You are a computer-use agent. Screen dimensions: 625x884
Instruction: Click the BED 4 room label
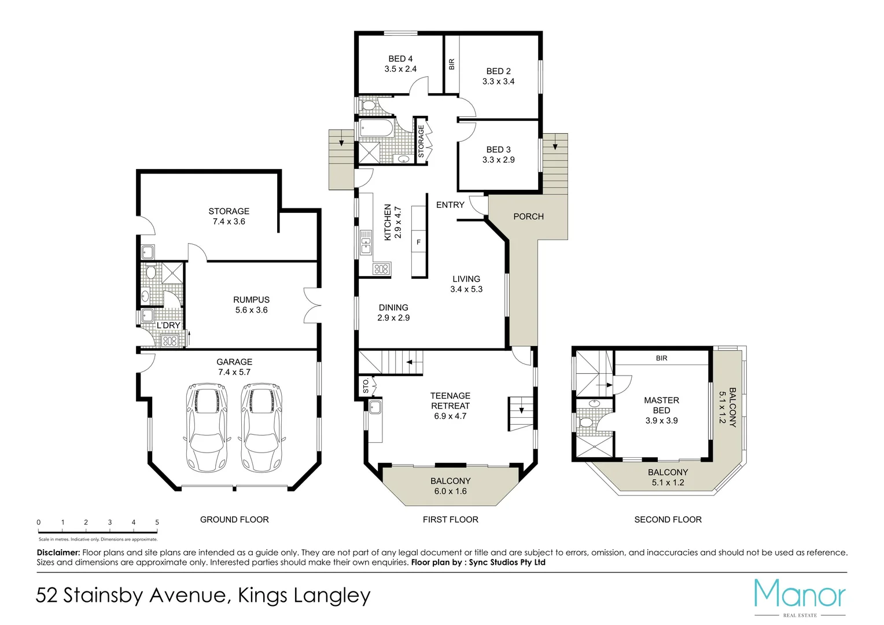(400, 58)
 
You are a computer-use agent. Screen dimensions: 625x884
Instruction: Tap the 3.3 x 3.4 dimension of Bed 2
(498, 82)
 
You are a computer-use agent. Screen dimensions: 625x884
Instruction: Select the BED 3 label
(498, 149)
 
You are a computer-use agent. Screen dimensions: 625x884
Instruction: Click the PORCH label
(528, 216)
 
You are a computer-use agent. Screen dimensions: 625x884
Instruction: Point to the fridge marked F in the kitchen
(419, 242)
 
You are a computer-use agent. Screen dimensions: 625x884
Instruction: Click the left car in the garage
(207, 427)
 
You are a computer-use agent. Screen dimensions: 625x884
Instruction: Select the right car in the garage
(261, 427)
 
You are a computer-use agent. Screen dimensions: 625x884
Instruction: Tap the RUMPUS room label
(251, 300)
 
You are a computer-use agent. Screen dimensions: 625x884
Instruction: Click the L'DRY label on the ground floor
(168, 326)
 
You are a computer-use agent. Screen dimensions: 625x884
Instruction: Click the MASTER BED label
(661, 405)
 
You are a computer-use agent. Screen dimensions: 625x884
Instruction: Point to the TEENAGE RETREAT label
(450, 400)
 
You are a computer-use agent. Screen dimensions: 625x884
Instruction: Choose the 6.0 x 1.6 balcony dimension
(450, 491)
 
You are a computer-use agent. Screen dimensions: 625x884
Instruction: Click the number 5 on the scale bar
(157, 522)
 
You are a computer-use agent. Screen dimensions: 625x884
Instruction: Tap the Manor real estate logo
(800, 596)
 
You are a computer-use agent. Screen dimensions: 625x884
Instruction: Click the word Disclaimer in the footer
(58, 553)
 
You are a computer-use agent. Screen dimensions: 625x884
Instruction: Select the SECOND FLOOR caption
(668, 520)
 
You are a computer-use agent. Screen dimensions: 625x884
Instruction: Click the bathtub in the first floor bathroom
(375, 128)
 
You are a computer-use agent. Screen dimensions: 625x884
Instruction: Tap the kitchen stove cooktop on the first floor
(381, 269)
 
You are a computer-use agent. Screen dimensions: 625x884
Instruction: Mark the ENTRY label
(450, 205)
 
